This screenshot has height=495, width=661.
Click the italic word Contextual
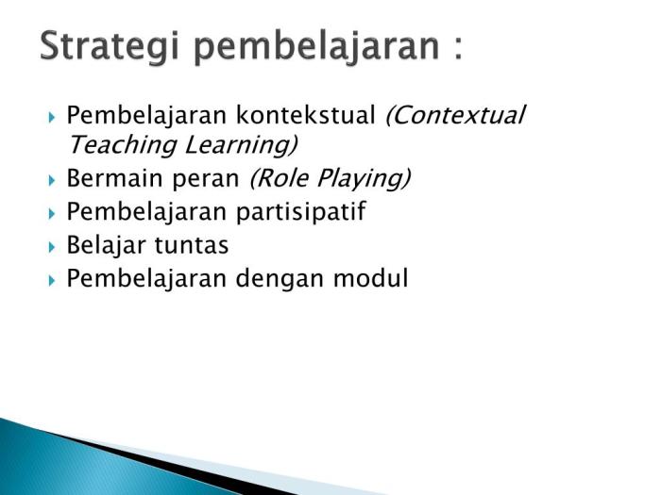pyautogui.click(x=455, y=117)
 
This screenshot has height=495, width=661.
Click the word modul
pyautogui.click(x=378, y=279)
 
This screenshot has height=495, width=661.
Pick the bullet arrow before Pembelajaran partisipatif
pyautogui.click(x=52, y=213)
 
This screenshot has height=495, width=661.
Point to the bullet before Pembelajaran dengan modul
pyautogui.click(x=52, y=280)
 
